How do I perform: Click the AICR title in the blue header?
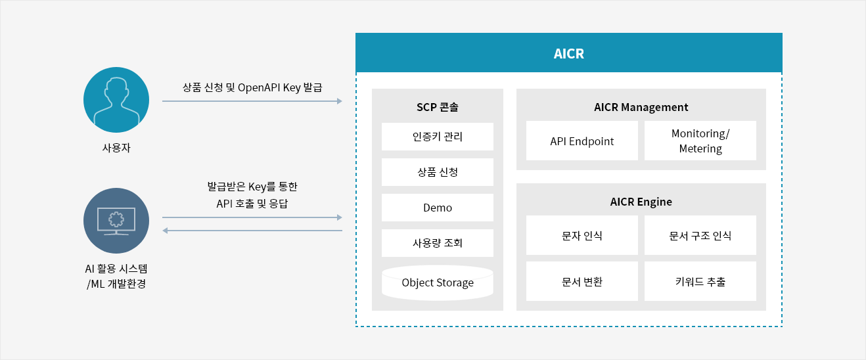pos(569,54)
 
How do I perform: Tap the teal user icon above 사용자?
pos(116,100)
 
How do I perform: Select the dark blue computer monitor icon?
pos(116,221)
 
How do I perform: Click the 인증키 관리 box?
pos(437,137)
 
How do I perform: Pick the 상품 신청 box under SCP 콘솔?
pos(437,172)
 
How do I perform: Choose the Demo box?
pos(437,208)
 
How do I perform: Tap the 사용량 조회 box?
pos(437,243)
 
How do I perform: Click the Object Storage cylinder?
pos(437,282)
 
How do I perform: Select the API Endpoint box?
pos(582,141)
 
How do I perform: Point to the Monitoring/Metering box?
pos(700,141)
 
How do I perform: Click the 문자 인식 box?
pos(582,235)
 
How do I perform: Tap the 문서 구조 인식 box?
pos(700,235)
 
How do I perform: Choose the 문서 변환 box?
pos(582,281)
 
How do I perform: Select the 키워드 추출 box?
pos(700,281)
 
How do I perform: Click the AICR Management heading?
pos(641,107)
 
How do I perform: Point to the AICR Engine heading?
pos(641,202)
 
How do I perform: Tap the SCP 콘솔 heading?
pos(437,107)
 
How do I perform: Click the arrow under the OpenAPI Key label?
pos(252,101)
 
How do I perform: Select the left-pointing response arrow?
pos(252,231)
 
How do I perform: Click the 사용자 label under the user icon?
pos(116,148)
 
